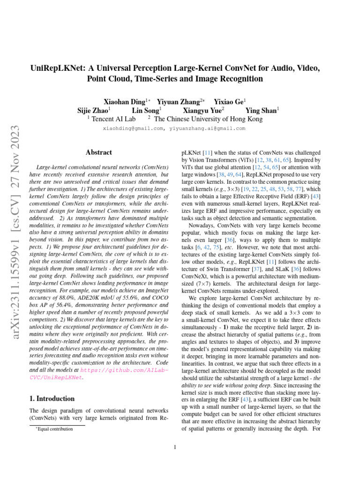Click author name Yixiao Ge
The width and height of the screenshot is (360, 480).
(228, 101)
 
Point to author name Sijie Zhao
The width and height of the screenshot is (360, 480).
(92, 110)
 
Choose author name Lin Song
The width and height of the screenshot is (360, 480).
(145, 110)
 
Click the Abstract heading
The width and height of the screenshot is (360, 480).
(99, 152)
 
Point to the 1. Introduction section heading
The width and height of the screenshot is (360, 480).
(49, 399)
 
